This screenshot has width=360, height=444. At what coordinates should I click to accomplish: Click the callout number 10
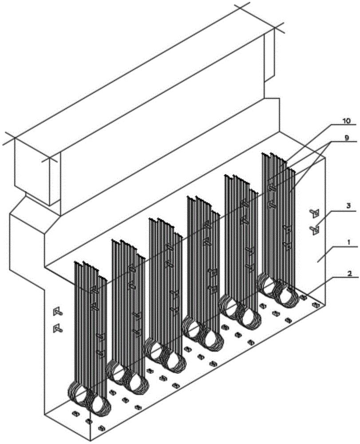[346, 120]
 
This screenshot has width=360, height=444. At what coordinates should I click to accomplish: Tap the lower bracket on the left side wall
[57, 328]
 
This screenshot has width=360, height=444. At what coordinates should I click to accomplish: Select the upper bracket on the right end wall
[315, 213]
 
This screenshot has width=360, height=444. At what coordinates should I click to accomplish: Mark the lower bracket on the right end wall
[315, 229]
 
